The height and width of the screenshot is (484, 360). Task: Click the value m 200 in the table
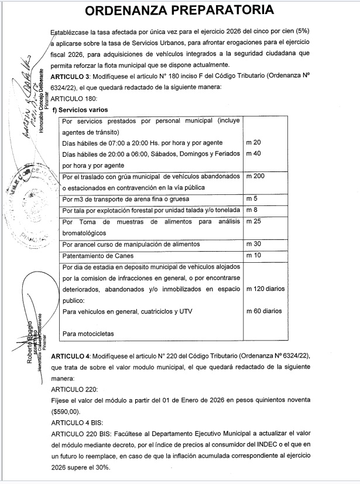(x=256, y=176)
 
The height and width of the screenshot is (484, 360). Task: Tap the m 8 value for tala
(x=252, y=210)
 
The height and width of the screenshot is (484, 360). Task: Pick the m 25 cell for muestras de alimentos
(x=254, y=221)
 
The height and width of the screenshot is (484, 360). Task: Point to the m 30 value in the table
(x=254, y=244)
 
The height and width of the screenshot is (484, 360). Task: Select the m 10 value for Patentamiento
(x=254, y=255)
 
